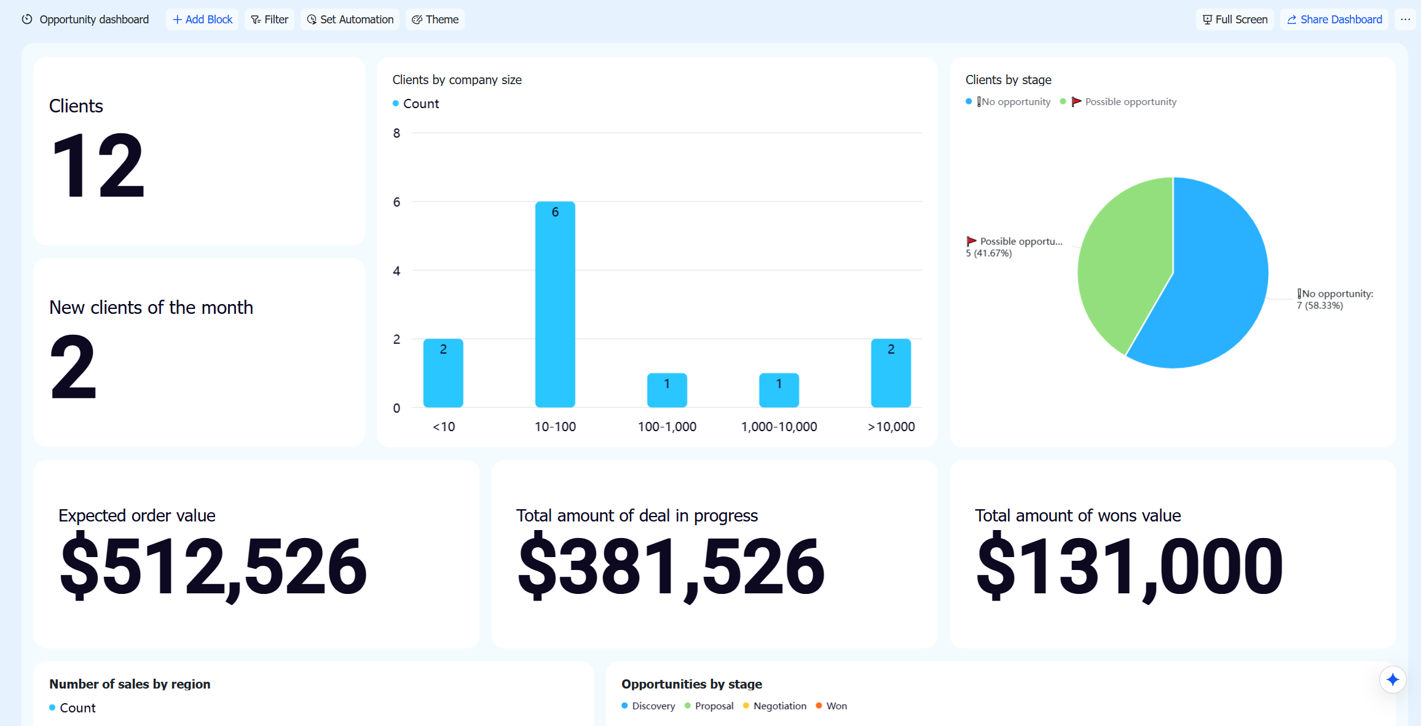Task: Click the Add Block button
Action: [x=202, y=20]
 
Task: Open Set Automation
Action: [x=350, y=20]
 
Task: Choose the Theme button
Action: [x=435, y=20]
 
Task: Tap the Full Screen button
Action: [x=1235, y=20]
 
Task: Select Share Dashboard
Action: [x=1334, y=20]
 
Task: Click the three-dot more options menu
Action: [x=1405, y=20]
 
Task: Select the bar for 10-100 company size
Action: [x=555, y=304]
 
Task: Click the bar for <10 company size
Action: [x=443, y=373]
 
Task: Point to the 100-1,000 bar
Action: [x=667, y=390]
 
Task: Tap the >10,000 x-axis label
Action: [x=891, y=427]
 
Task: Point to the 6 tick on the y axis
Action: [x=396, y=202]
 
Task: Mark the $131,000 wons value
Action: [x=1130, y=566]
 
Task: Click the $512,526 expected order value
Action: [x=213, y=566]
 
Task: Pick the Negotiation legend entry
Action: [x=775, y=706]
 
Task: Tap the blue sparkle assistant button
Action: [x=1393, y=679]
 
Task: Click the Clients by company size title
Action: [x=457, y=80]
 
